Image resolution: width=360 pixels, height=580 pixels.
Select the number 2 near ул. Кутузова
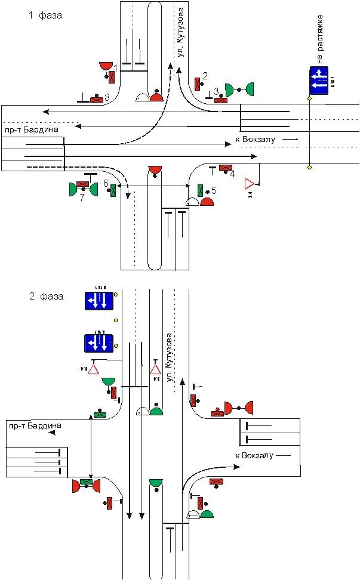205,75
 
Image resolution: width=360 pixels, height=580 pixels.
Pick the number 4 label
232,174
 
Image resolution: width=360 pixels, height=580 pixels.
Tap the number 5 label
214,190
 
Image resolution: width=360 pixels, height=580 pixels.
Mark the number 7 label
82,198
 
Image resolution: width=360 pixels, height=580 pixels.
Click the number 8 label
107,97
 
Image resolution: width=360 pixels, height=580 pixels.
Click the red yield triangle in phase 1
250,183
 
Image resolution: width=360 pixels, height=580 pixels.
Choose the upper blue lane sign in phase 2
98,301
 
